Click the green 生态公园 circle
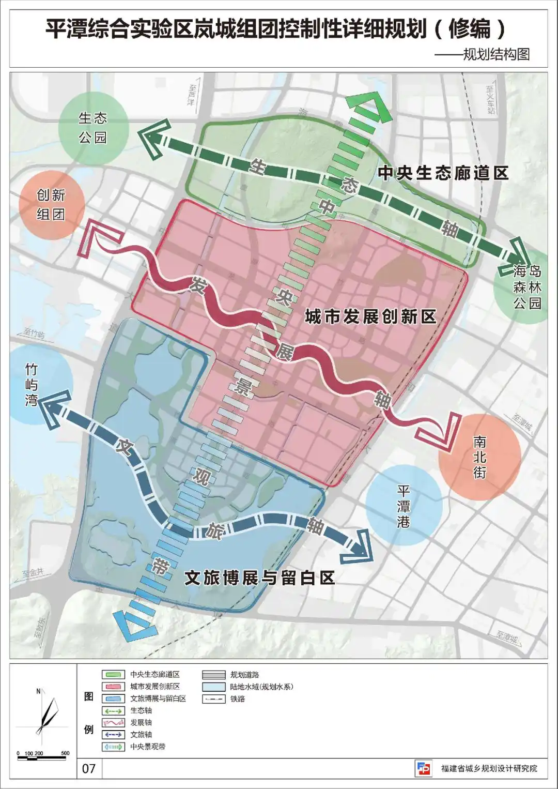point(92,128)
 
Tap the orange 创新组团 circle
point(51,205)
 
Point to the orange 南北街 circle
point(479,457)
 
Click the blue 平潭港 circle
point(404,506)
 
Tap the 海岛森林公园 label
point(527,287)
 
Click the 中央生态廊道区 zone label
point(443,173)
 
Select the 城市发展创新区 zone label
point(370,316)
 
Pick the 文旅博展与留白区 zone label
point(260,578)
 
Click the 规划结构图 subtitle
point(496,54)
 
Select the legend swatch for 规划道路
point(213,675)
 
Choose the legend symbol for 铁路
point(213,699)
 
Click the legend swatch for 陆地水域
point(213,687)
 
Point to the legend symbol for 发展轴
point(113,723)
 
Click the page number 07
point(89,768)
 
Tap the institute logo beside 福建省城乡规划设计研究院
point(423,768)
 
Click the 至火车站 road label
point(490,100)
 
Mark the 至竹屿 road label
point(34,334)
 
